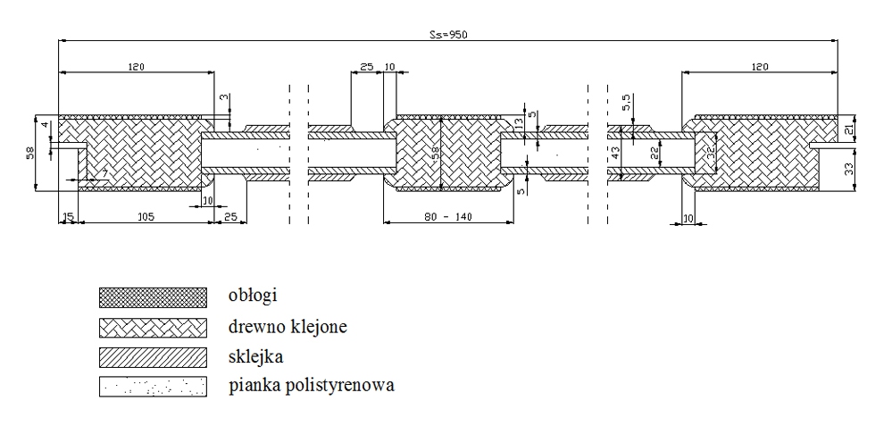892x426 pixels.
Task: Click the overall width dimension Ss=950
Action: [x=448, y=35]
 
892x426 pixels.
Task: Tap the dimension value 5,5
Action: [x=627, y=99]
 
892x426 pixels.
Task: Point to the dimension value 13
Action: [x=520, y=123]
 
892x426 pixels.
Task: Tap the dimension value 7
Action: [x=104, y=171]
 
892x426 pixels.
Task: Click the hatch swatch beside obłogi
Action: [x=153, y=296]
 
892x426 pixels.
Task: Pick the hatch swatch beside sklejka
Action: [x=153, y=356]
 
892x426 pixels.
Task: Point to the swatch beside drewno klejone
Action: [x=153, y=326]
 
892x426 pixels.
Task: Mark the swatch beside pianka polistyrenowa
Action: [x=153, y=387]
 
